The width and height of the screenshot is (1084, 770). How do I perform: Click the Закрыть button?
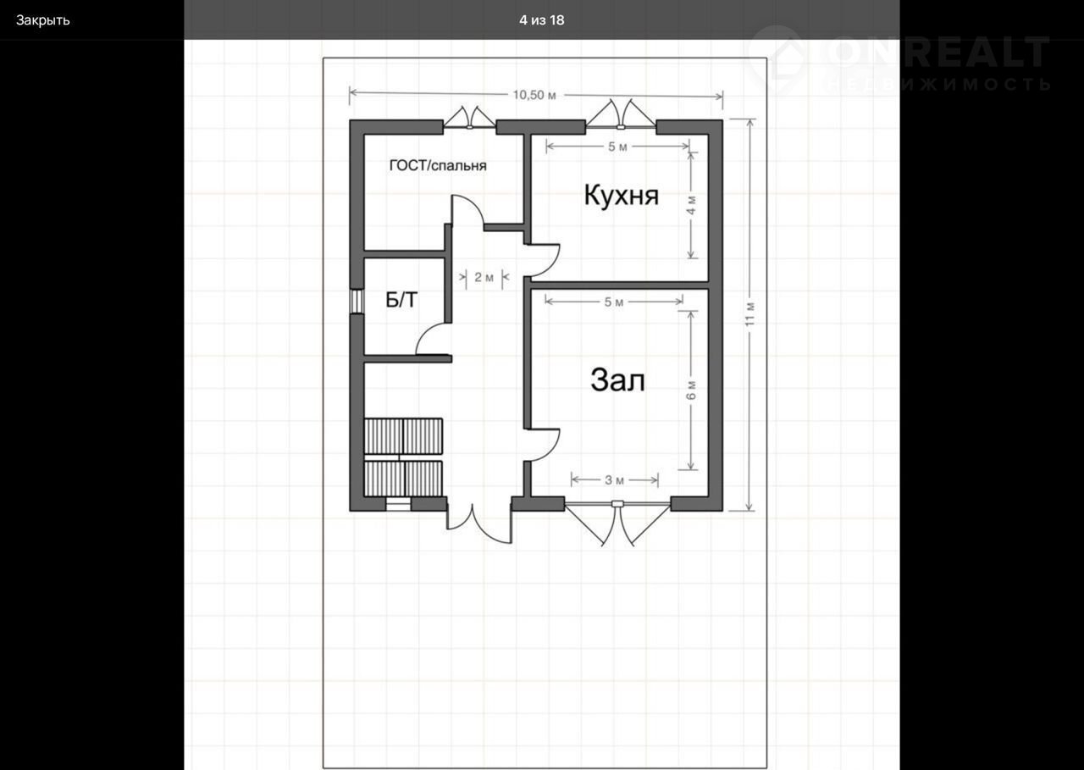(x=43, y=20)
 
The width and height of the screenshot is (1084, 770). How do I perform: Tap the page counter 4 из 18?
(x=541, y=20)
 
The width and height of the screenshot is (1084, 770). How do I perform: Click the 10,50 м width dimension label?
(x=534, y=95)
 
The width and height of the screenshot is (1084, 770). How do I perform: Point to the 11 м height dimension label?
(x=749, y=314)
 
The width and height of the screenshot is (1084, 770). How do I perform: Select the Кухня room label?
(x=622, y=196)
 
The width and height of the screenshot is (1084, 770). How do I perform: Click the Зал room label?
(x=617, y=380)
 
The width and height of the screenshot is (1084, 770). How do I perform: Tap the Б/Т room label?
(x=401, y=300)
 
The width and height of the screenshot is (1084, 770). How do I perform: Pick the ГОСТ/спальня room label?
(x=438, y=165)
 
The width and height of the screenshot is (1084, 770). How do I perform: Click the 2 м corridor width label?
(x=484, y=277)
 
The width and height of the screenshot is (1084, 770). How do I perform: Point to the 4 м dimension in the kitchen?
(x=692, y=205)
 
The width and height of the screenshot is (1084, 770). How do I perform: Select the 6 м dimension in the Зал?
(x=692, y=390)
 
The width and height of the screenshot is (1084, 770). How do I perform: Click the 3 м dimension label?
(x=614, y=480)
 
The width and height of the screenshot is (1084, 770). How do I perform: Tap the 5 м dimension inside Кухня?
(x=617, y=147)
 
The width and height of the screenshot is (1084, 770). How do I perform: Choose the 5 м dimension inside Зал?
(x=614, y=302)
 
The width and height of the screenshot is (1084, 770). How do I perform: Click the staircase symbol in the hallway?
(x=403, y=457)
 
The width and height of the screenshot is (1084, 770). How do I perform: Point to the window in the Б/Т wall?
(x=357, y=302)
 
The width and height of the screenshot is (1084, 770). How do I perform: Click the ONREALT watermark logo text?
(x=939, y=52)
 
